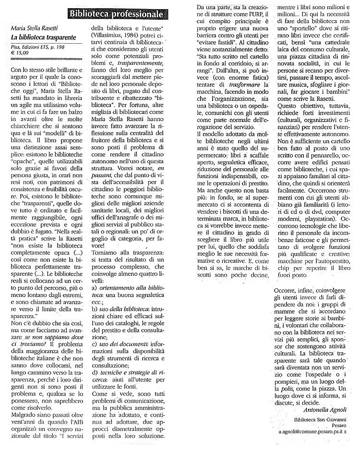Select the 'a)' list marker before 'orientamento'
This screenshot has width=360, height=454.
coord(95,287)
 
